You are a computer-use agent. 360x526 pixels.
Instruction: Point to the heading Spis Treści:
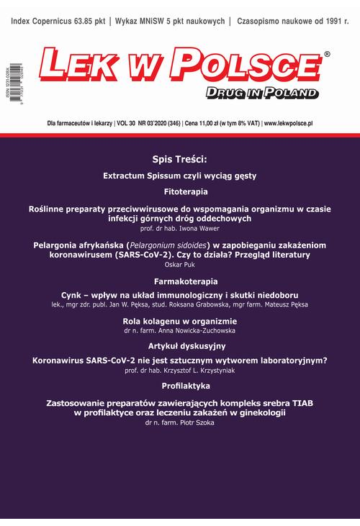[x=179, y=160]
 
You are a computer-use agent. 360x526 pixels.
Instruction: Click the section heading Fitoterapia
[x=180, y=192]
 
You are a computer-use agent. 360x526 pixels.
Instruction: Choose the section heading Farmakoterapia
[x=180, y=281]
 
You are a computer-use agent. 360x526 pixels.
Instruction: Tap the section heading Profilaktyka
[x=180, y=386]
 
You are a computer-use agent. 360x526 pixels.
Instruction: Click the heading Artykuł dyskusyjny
[x=180, y=346]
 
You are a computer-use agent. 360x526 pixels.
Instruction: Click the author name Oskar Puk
[x=180, y=264]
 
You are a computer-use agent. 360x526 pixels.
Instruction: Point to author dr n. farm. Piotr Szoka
[x=180, y=424]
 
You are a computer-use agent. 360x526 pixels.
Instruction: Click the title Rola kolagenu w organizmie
[x=180, y=320]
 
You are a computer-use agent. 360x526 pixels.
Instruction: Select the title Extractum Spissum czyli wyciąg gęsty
[x=180, y=176]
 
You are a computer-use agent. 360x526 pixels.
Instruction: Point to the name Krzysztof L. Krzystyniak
[x=212, y=370]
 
